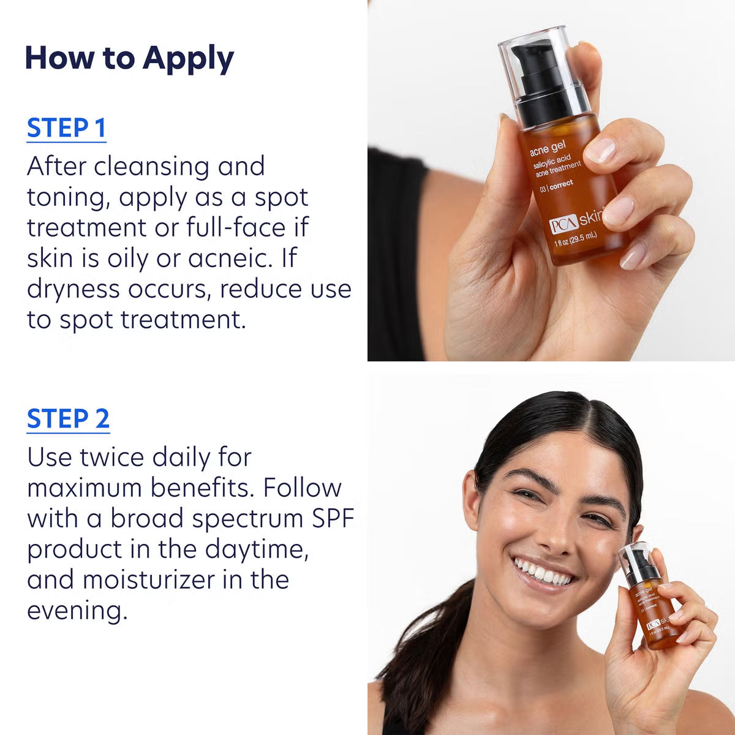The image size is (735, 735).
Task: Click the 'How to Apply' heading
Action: (x=129, y=58)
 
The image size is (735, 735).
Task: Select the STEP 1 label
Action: (x=66, y=128)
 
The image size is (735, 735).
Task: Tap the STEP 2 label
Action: (x=68, y=419)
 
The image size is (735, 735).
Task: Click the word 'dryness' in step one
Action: (x=73, y=289)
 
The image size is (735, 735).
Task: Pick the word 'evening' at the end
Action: (x=75, y=611)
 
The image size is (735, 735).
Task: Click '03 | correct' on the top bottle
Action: (x=556, y=186)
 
